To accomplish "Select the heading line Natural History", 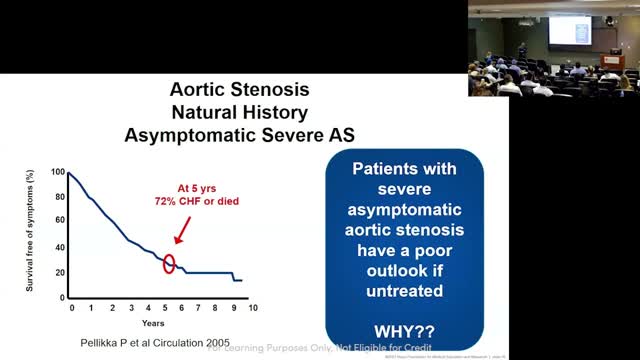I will pos(237,112).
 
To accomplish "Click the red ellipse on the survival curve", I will pos(169,264).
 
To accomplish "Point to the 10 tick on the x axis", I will pos(253,308).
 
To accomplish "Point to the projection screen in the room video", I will pos(569,29).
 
